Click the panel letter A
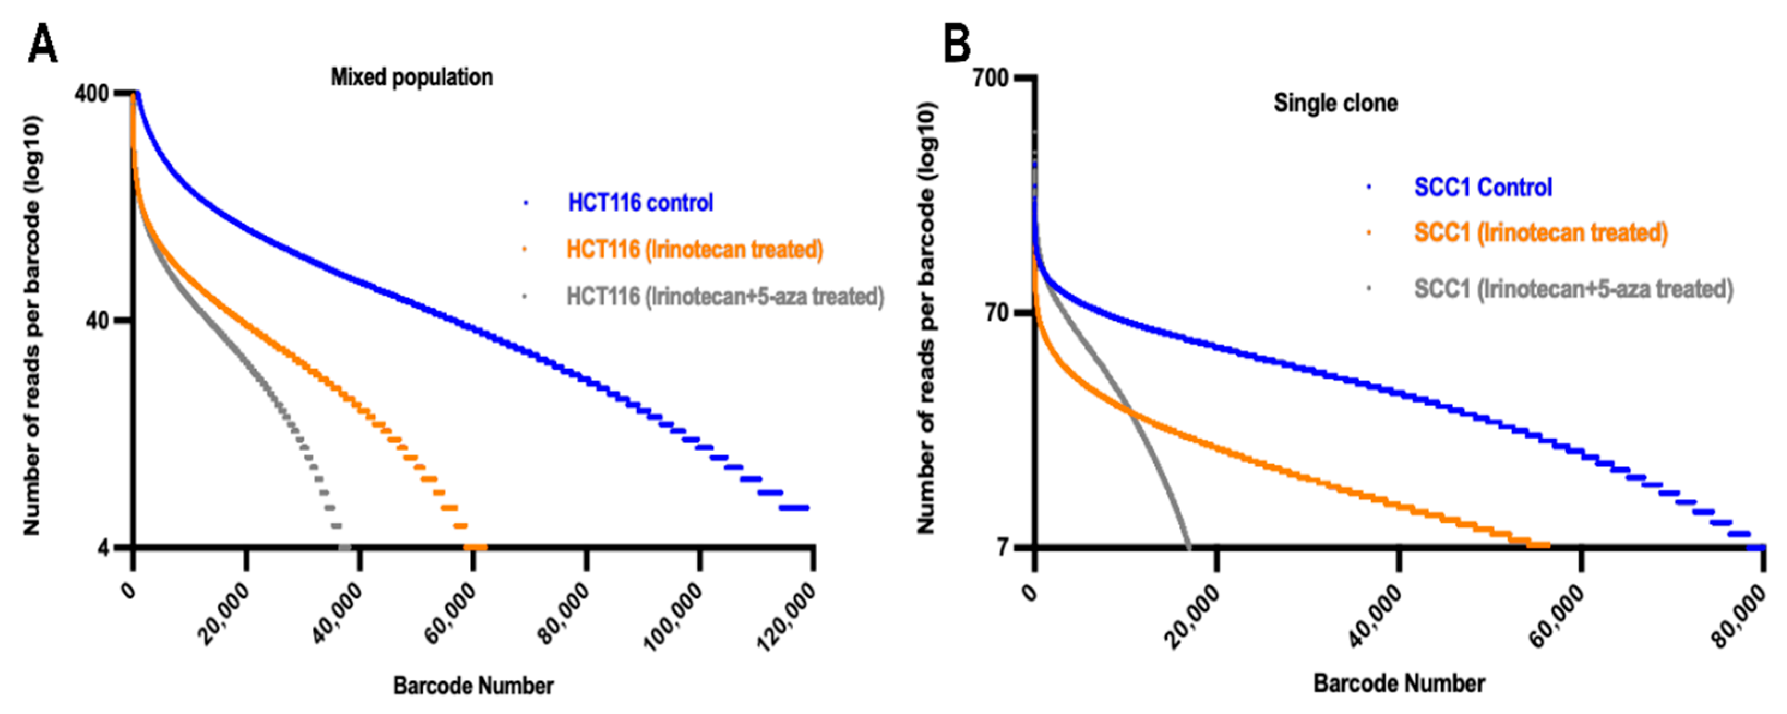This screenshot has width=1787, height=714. [x=43, y=43]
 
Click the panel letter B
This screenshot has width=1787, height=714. [x=957, y=43]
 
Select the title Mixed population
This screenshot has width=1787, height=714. [x=411, y=77]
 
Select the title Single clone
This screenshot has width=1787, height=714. [x=1335, y=104]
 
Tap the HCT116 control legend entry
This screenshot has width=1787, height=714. [x=640, y=202]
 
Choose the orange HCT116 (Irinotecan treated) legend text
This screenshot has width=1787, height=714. [x=694, y=249]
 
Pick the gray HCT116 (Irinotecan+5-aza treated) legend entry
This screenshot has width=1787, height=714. [x=725, y=296]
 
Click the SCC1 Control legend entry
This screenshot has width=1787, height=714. [x=1483, y=187]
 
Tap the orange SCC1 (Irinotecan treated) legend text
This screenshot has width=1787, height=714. [x=1540, y=232]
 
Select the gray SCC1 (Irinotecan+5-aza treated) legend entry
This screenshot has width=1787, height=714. [x=1573, y=289]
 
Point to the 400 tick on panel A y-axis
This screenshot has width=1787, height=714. [x=92, y=93]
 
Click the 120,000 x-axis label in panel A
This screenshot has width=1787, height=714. [x=786, y=617]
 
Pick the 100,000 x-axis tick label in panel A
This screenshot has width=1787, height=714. [x=674, y=617]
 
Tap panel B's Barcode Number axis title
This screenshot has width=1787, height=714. [x=1399, y=683]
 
